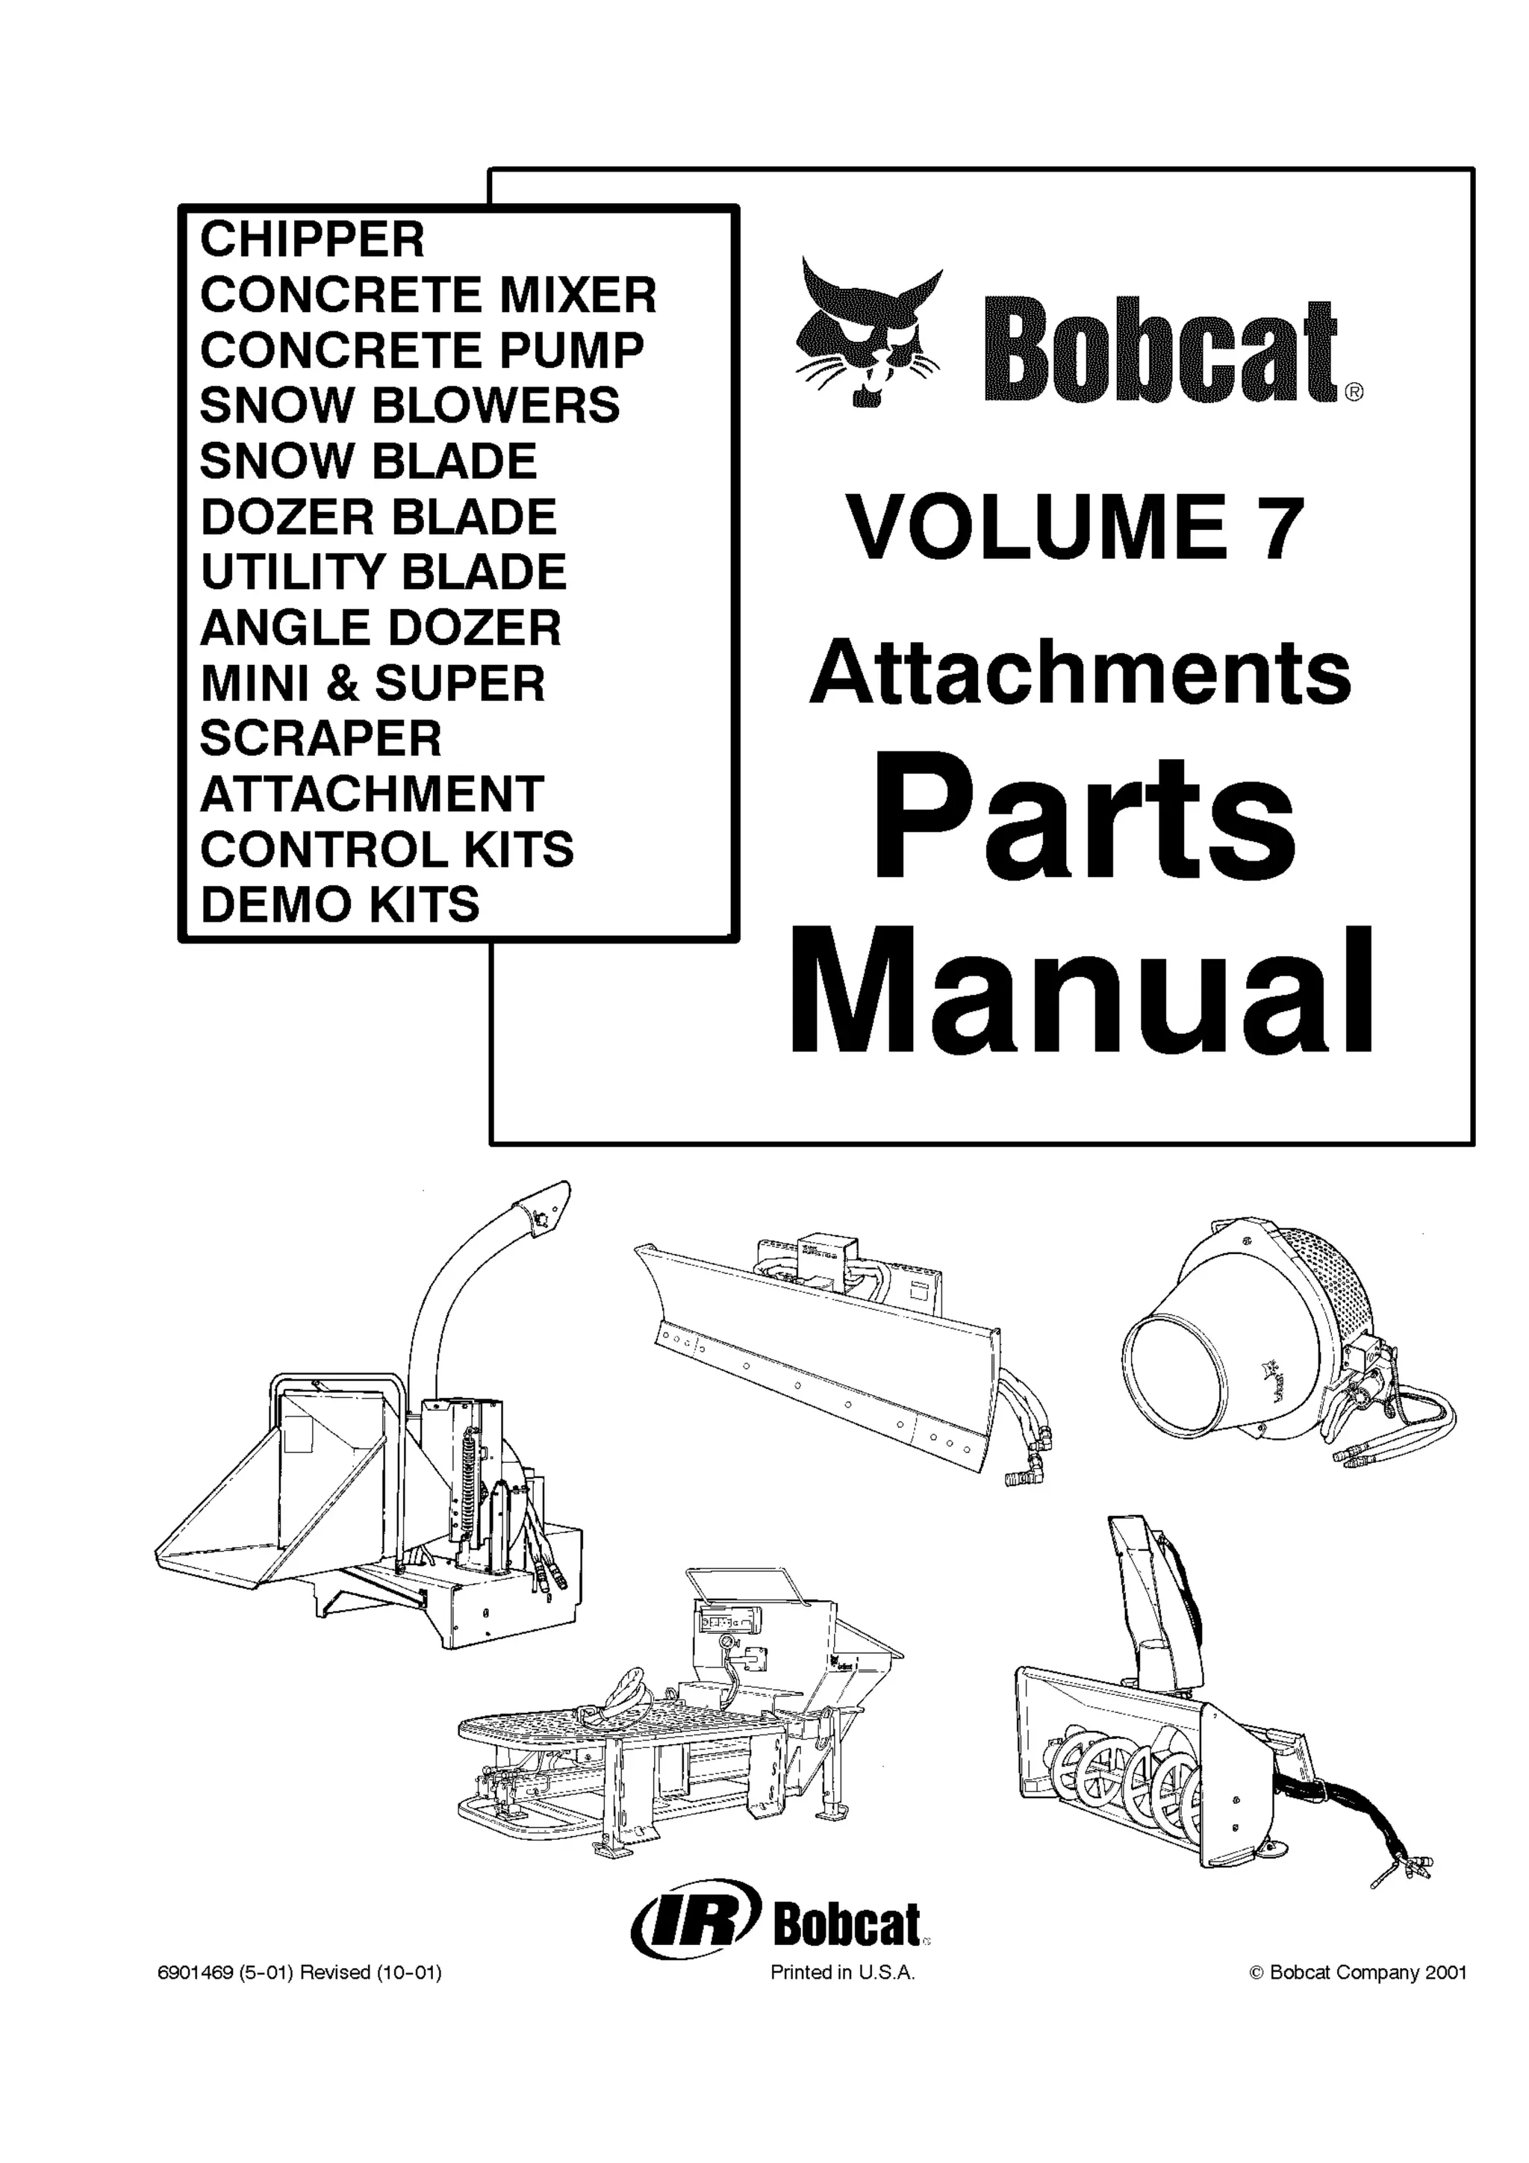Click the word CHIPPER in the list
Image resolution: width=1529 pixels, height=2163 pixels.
312,240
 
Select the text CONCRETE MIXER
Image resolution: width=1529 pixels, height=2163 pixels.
428,295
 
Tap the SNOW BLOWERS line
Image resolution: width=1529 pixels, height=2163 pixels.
410,405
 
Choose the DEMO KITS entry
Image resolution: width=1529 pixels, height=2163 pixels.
339,905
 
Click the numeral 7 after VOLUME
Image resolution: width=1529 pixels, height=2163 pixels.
1280,529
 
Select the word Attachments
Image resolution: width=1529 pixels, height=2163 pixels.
1080,675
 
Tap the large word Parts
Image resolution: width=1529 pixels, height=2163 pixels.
1083,816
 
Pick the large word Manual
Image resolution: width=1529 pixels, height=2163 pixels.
1080,993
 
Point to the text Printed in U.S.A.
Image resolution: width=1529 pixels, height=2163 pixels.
842,1972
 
